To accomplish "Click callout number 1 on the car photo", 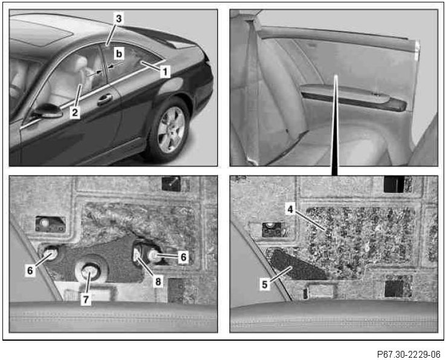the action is tap(165, 71).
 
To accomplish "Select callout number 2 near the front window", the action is tap(75, 112).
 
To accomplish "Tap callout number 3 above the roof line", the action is tap(119, 19).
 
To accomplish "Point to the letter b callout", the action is tap(119, 54).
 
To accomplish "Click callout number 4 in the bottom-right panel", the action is tap(290, 209).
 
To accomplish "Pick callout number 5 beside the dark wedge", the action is tap(265, 284).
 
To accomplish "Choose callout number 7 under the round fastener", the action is tap(86, 299).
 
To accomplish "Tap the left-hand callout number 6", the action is tap(30, 270).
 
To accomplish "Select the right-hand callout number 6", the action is tap(183, 257).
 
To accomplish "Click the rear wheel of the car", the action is tap(169, 130).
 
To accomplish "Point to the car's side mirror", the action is tap(48, 111).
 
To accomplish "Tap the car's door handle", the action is tap(104, 99).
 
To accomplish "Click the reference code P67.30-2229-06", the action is tap(409, 355).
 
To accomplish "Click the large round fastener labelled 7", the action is tap(91, 271).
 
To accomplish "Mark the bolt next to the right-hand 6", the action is tap(154, 256).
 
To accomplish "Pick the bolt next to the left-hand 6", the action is tap(51, 253).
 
